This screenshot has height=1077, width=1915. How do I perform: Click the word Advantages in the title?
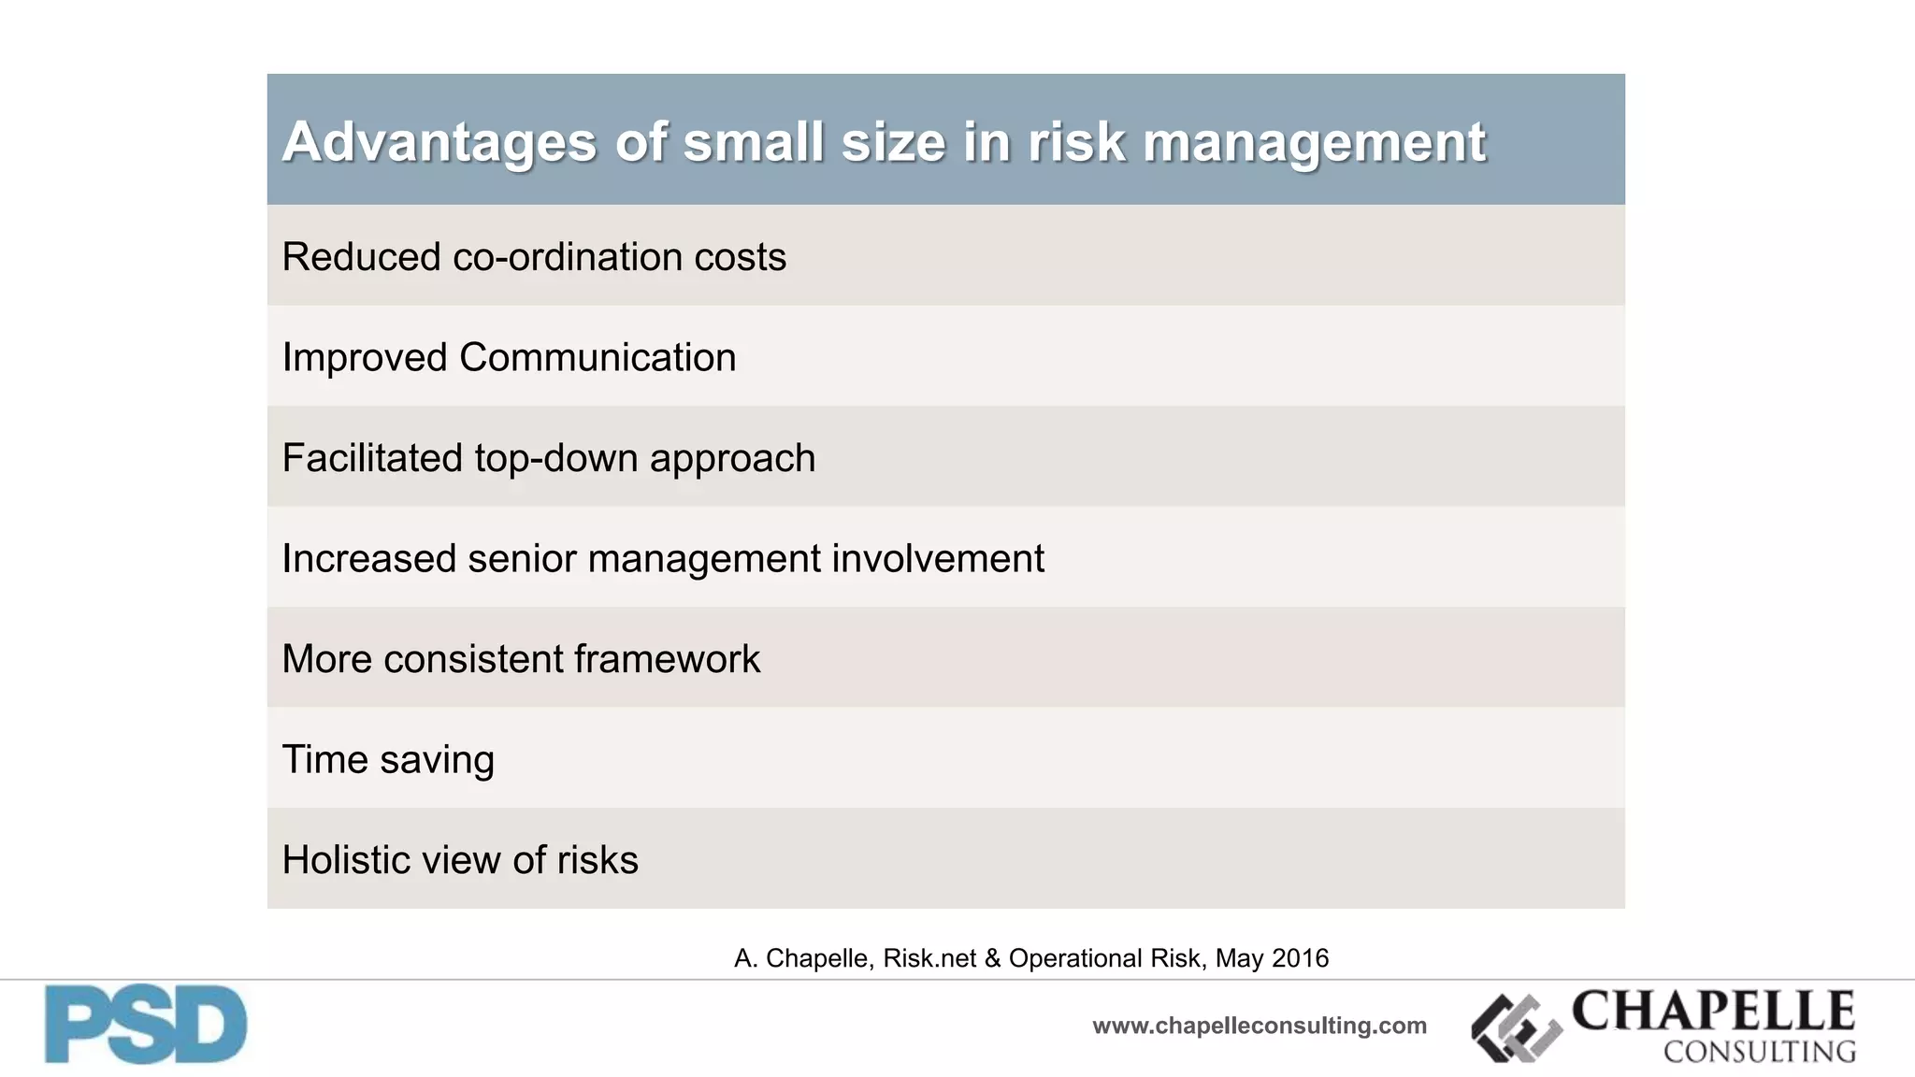tap(439, 142)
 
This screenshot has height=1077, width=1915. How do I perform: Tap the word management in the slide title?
tap(1314, 142)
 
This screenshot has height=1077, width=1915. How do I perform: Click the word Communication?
tap(598, 358)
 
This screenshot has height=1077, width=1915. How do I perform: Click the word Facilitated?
tap(372, 458)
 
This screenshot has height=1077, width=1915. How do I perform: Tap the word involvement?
tap(938, 559)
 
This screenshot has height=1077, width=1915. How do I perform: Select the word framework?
tap(667, 659)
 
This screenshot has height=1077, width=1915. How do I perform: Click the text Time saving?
tap(388, 759)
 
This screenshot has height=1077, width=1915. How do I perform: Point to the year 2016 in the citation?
tap(1300, 958)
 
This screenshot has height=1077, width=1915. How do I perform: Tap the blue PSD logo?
tap(146, 1025)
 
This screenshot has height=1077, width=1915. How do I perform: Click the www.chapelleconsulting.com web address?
tap(1259, 1026)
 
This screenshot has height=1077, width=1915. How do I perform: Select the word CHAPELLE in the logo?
tap(1713, 1011)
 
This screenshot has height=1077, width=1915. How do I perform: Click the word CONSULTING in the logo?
tap(1759, 1052)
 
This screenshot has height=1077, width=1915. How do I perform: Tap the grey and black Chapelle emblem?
tap(1516, 1028)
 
